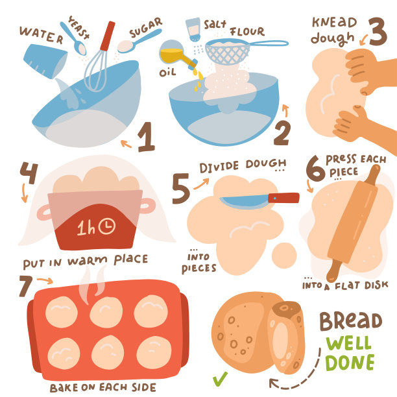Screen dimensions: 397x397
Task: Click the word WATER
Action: (42, 34)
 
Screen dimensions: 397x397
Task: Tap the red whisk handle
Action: (108, 36)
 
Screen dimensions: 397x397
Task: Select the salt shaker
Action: (193, 29)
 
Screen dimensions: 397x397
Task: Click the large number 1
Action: (146, 137)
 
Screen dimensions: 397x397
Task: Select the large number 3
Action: (378, 32)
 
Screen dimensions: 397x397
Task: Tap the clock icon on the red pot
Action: (107, 226)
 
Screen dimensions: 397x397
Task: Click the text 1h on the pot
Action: (86, 227)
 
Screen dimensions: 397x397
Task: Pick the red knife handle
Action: (283, 198)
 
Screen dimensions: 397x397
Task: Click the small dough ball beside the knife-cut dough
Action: (284, 256)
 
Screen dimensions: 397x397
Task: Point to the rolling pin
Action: (353, 223)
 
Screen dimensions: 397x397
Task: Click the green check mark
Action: (220, 379)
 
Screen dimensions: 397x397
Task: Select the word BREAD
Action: (351, 321)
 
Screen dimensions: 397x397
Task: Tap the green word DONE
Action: (350, 363)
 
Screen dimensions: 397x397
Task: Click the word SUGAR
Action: (145, 28)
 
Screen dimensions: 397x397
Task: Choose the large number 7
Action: (26, 286)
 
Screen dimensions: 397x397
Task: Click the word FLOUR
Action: (247, 32)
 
